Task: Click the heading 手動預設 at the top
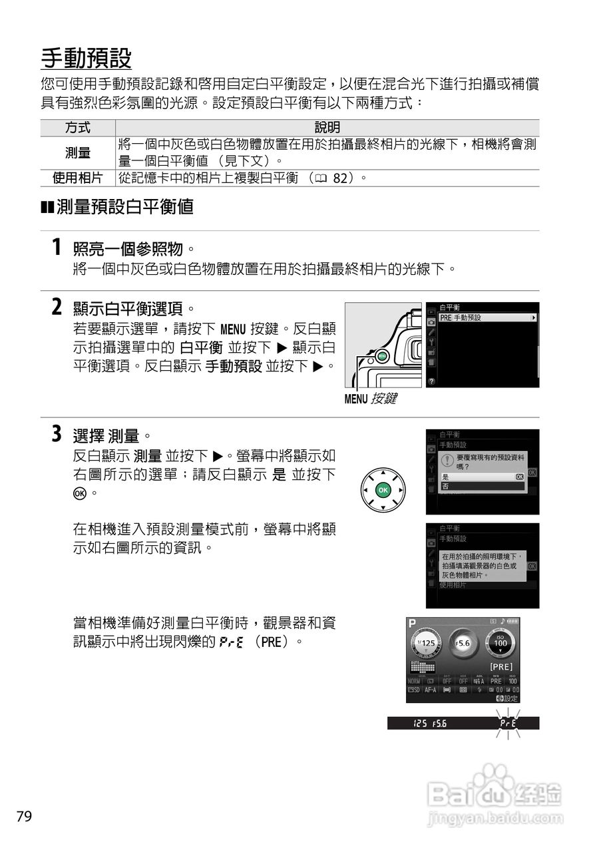click(x=87, y=59)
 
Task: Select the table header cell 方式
click(x=78, y=127)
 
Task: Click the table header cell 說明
click(x=327, y=127)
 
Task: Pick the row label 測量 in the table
click(x=78, y=152)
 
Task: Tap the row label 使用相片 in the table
click(x=78, y=178)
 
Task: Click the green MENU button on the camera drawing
click(x=382, y=357)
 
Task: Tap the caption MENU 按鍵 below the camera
click(x=370, y=399)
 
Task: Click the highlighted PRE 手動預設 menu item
click(x=488, y=318)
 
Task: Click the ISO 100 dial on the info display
click(x=501, y=642)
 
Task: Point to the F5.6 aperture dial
click(x=463, y=644)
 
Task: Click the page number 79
click(x=25, y=817)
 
